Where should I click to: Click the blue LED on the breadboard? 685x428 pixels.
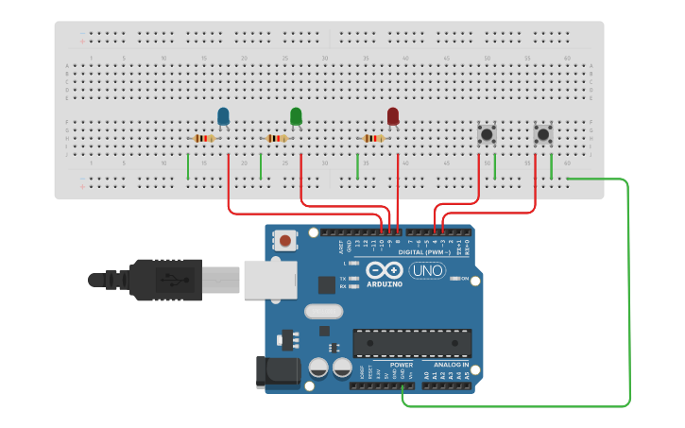click(x=223, y=116)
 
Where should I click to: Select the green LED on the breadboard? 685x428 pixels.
click(x=296, y=116)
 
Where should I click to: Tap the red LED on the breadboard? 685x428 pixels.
click(x=393, y=116)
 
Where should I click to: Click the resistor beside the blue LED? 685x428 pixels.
click(x=204, y=138)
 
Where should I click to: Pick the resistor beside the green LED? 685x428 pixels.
click(x=276, y=138)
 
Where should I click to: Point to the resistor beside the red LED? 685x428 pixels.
click(x=374, y=138)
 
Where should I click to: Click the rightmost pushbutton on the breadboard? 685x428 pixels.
click(x=543, y=135)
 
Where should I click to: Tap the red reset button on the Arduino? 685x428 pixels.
click(x=284, y=241)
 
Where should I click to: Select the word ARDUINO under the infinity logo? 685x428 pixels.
click(x=385, y=283)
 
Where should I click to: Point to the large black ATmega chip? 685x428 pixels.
click(x=412, y=343)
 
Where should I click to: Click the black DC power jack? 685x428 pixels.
click(x=277, y=371)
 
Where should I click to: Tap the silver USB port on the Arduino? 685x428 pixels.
click(x=270, y=280)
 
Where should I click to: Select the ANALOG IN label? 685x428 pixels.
click(x=451, y=365)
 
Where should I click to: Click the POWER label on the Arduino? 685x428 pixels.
click(x=402, y=365)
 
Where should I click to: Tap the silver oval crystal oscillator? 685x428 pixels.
click(x=323, y=311)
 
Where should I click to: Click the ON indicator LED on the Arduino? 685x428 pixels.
click(x=454, y=278)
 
